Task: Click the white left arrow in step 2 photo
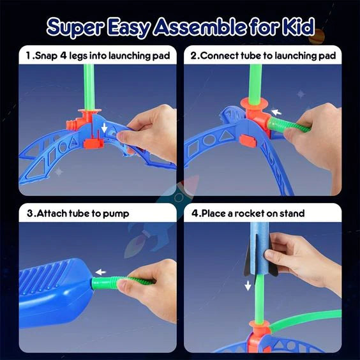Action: click(276, 112)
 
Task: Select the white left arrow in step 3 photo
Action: click(99, 272)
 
